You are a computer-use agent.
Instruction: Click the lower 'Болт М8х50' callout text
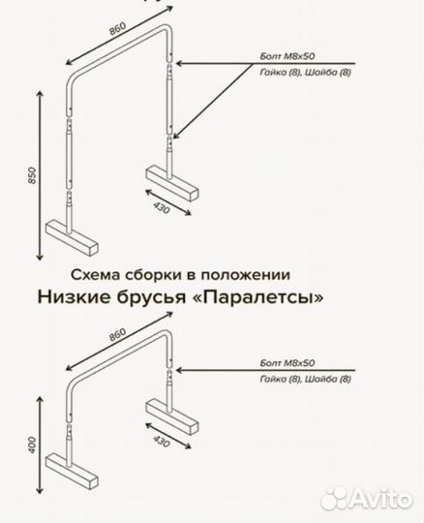(288, 361)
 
